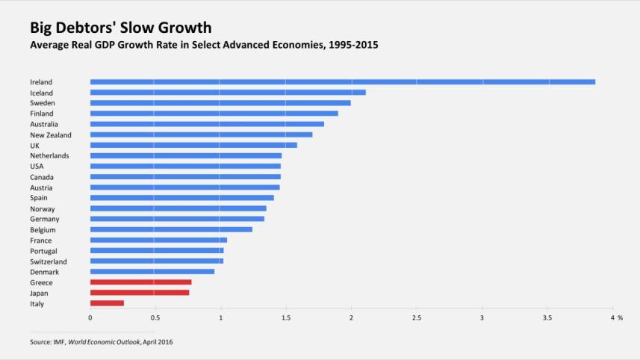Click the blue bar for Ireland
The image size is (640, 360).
pos(342,81)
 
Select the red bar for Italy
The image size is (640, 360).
pos(107,303)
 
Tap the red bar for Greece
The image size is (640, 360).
pos(140,282)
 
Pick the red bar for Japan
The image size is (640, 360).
pos(140,293)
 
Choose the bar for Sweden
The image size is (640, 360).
pos(220,103)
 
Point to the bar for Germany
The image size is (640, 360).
pos(177,219)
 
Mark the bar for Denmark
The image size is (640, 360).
pos(152,272)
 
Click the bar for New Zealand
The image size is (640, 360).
pos(201,134)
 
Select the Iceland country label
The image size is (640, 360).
pos(41,93)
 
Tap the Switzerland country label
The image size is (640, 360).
pos(48,261)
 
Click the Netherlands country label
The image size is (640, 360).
pos(49,155)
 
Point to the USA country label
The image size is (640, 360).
pos(37,166)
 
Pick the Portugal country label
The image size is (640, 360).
pos(43,251)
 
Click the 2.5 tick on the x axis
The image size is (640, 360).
pos(417,318)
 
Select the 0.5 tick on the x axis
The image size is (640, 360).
pos(155,318)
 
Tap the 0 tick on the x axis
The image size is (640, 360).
pos(90,318)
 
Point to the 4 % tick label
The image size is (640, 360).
pos(616,318)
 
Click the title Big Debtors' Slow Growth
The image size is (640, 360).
pos(120,28)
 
